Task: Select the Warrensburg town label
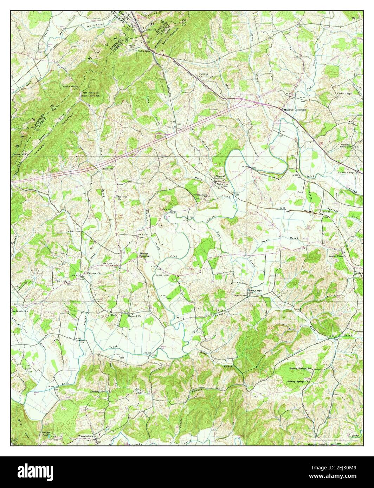click(85, 436)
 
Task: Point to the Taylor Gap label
click(69, 86)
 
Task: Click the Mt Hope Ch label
click(121, 197)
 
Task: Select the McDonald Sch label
click(20, 311)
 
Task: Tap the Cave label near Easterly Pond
click(138, 393)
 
